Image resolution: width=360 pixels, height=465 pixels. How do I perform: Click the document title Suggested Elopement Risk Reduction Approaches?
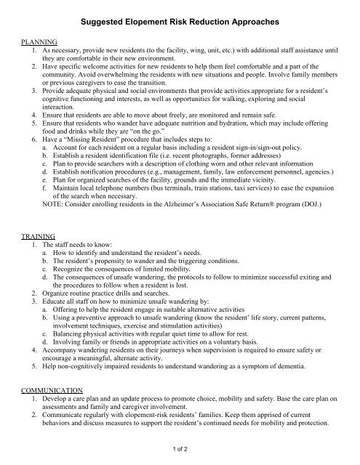(x=180, y=24)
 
